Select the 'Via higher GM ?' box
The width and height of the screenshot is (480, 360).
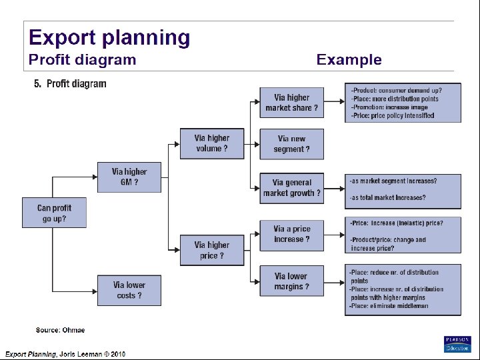pos(129,177)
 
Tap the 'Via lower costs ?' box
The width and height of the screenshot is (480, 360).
pos(129,290)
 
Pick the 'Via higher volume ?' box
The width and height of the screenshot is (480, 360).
pos(212,143)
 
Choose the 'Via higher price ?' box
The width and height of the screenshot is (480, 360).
pos(212,250)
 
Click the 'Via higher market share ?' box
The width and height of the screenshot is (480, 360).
pos(291,103)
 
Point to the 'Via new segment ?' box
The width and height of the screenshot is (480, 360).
pos(291,144)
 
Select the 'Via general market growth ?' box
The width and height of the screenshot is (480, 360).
pos(291,188)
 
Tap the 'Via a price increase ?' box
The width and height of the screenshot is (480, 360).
pos(291,234)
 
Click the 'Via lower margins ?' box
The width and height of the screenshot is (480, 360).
pos(291,281)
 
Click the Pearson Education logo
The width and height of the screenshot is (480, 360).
pos(457,344)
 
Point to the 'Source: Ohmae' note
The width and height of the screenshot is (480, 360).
pos(60,330)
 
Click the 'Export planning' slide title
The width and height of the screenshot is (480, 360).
pos(109,37)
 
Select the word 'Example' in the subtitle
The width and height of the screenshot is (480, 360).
pos(349,60)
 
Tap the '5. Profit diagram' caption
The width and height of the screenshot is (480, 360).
pos(70,84)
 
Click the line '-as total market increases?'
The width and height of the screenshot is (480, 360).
pos(388,197)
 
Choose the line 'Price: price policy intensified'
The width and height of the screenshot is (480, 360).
pos(393,115)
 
